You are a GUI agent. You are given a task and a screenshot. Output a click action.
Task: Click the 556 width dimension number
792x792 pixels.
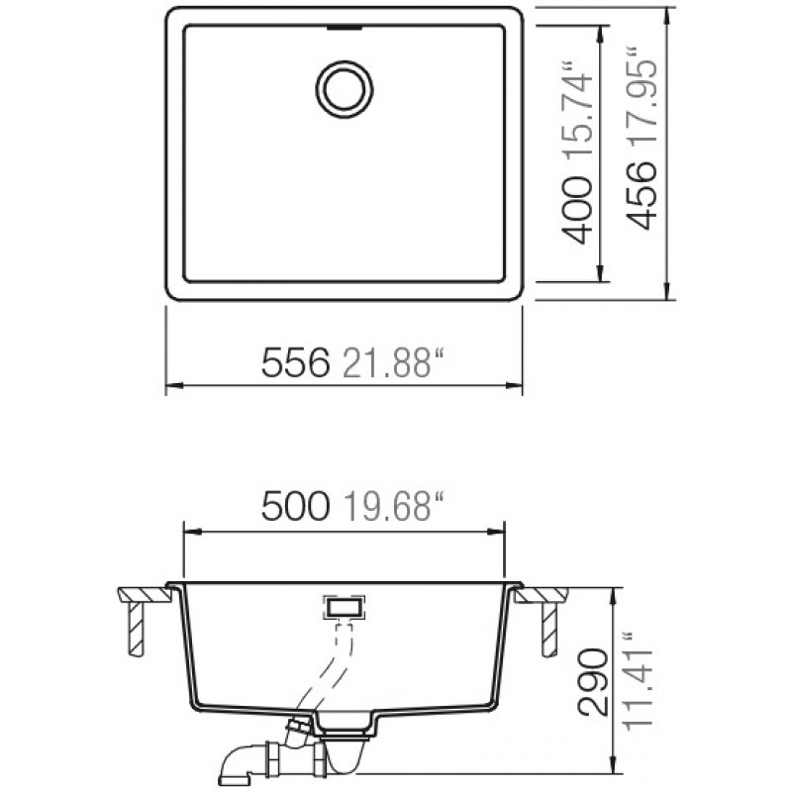295,362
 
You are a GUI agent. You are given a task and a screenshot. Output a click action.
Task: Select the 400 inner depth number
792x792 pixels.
577,210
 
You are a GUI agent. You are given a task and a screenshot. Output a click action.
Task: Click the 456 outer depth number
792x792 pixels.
642,195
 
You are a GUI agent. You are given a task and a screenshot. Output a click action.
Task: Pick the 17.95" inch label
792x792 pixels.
642,97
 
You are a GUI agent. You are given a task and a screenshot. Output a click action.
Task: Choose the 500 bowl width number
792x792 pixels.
295,506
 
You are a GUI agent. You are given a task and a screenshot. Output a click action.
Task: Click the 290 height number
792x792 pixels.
592,682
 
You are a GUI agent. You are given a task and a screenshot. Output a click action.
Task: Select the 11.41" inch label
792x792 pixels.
638,680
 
